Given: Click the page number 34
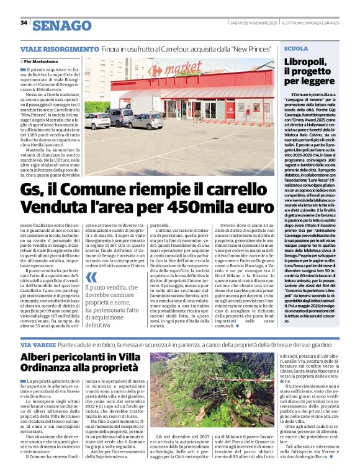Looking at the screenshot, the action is point(24,22).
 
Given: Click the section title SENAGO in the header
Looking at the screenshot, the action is point(61,25).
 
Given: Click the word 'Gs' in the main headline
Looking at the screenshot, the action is point(32,190).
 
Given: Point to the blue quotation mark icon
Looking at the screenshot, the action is point(91,276).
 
